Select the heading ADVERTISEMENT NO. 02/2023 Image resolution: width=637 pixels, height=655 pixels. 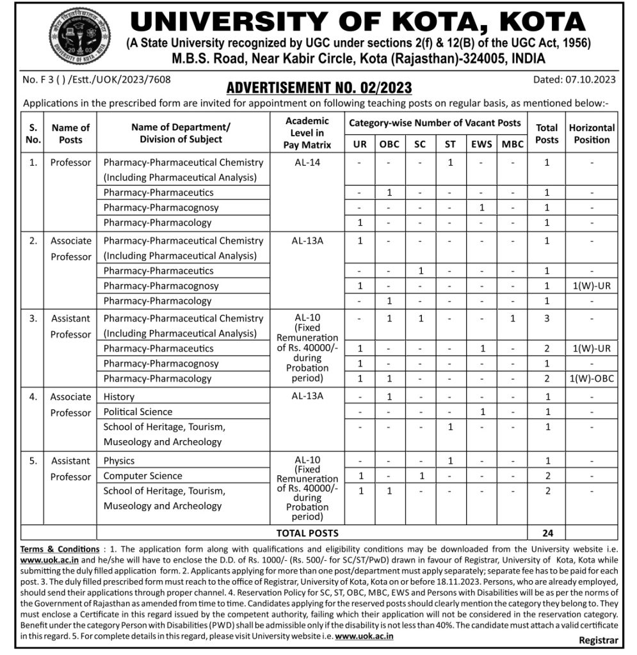(319, 88)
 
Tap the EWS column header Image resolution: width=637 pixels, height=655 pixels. (481, 144)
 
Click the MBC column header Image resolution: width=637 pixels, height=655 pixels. (512, 144)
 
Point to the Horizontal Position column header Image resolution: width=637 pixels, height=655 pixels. (592, 134)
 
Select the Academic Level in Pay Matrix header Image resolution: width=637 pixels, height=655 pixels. (307, 133)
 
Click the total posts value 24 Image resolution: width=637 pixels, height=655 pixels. (547, 532)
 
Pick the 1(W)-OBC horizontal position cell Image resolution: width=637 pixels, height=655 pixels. (592, 379)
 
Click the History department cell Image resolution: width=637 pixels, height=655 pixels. (119, 397)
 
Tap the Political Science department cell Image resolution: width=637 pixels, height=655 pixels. (138, 411)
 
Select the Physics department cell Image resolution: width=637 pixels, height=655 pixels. (119, 461)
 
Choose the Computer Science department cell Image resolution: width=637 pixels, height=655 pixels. (143, 476)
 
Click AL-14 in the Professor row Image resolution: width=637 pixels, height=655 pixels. (307, 162)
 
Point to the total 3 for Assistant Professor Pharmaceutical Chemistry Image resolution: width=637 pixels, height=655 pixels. (547, 318)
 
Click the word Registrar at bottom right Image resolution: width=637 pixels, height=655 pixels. (598, 640)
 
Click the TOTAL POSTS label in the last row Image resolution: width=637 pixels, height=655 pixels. (307, 532)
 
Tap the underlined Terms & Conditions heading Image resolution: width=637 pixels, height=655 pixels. (60, 549)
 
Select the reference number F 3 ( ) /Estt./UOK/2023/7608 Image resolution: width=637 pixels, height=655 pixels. (97, 79)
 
